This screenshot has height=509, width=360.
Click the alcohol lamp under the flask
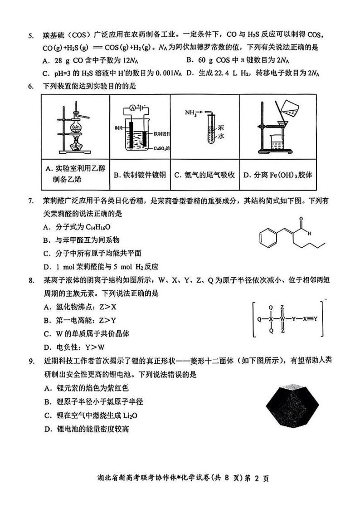click(77, 145)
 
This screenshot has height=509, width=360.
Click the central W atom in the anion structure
click(282, 319)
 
